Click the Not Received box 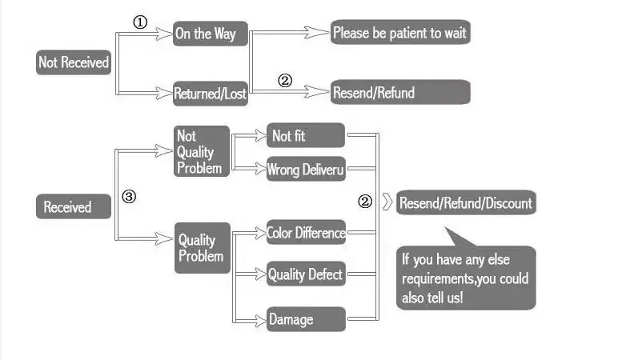pos(73,62)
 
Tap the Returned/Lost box pos(211,94)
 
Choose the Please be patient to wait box pos(399,34)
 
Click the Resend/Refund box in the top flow pos(399,92)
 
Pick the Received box pos(75,207)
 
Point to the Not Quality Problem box pos(202,151)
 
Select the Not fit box pos(306,136)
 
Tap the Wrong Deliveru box pos(306,169)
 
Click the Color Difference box pos(306,233)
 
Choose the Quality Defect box pos(306,275)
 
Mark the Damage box pos(306,319)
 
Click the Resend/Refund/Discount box pos(465,202)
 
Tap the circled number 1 pos(140,22)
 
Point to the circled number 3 pos(129,196)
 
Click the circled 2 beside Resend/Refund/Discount pos(365,202)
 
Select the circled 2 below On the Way pos(285,80)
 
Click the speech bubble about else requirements pos(466,276)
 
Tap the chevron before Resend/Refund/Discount pos(387,202)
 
